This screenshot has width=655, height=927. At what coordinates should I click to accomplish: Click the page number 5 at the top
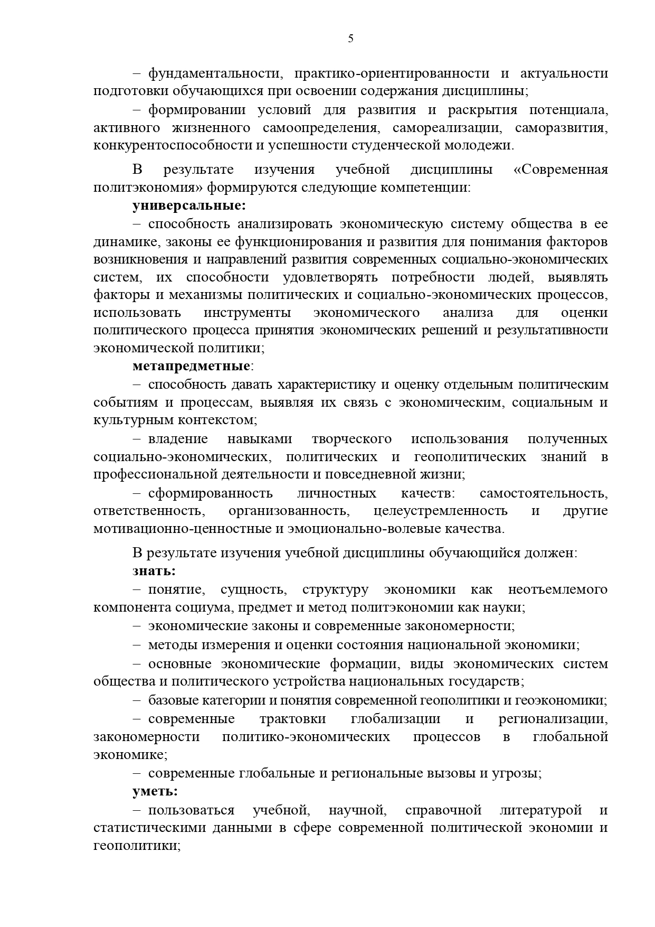pyautogui.click(x=350, y=38)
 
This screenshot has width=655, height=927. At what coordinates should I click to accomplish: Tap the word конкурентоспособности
pyautogui.click(x=178, y=145)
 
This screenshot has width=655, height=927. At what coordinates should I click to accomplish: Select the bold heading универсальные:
pyautogui.click(x=189, y=205)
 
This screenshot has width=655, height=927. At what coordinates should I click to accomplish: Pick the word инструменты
pyautogui.click(x=247, y=312)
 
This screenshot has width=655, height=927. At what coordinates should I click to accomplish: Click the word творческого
pyautogui.click(x=352, y=439)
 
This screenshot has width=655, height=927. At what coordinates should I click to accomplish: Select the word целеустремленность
pyautogui.click(x=440, y=511)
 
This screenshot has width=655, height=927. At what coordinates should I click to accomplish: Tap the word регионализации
pyautogui.click(x=553, y=719)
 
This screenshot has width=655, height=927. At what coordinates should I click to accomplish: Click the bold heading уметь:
pyautogui.click(x=155, y=791)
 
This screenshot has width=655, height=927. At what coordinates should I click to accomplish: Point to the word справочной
pyautogui.click(x=443, y=810)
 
